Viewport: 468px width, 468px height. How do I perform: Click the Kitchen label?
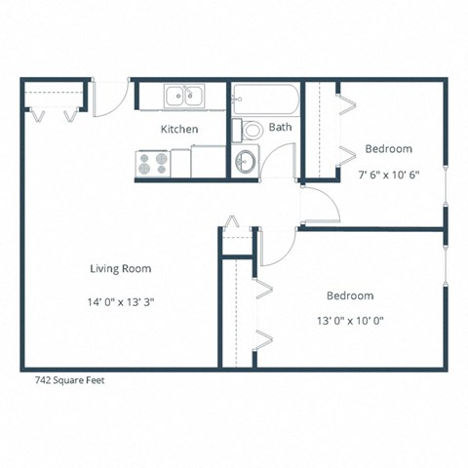[179, 129]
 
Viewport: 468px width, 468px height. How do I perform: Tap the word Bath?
[280, 127]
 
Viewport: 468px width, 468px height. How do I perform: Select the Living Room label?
[120, 268]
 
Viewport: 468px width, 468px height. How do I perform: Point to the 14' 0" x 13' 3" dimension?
[120, 302]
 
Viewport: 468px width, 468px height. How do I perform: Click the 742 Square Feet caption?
[62, 382]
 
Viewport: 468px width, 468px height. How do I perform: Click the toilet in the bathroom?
[253, 129]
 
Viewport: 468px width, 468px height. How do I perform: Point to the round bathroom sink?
[247, 162]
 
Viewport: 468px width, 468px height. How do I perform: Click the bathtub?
[264, 98]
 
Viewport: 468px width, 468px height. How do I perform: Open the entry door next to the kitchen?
[110, 97]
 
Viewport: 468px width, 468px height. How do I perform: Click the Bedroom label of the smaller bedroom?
[388, 149]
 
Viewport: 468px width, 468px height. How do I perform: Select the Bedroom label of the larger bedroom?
[349, 295]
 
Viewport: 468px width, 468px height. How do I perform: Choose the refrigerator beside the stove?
[208, 161]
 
